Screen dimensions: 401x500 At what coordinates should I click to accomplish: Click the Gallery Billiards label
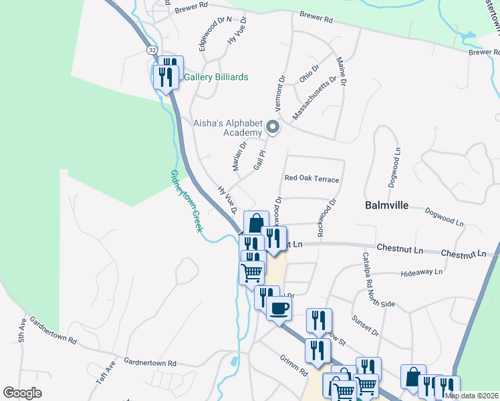216,77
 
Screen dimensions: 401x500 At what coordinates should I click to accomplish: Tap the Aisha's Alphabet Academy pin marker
272,126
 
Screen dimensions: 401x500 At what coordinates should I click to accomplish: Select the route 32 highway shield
152,50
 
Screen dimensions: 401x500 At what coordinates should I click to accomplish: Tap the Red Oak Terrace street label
311,179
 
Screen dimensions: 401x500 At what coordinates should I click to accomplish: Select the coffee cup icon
279,308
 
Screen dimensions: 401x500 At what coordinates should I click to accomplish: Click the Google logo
22,393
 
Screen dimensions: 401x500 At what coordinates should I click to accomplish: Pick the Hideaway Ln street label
421,273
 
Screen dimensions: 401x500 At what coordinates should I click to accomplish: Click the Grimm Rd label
293,364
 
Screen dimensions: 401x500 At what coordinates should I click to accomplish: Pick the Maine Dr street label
342,72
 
